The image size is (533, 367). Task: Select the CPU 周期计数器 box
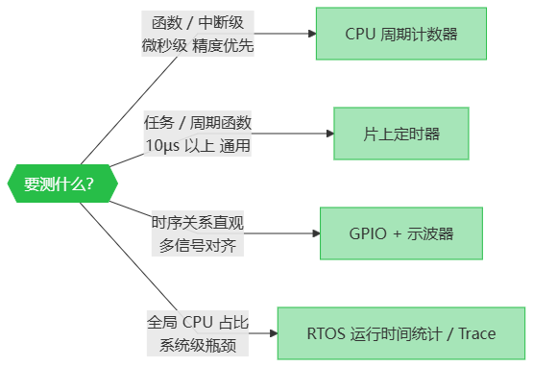click(401, 34)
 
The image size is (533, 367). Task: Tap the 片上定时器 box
click(401, 133)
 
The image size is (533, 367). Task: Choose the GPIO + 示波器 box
click(401, 233)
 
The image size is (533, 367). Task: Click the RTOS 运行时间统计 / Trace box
click(401, 334)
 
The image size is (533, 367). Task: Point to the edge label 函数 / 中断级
click(198, 22)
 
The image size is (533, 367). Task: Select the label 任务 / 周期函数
click(198, 123)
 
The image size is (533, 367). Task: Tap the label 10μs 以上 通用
click(198, 145)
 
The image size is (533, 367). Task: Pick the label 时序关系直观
click(198, 223)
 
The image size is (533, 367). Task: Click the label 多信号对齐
click(198, 245)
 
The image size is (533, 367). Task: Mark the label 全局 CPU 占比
click(198, 323)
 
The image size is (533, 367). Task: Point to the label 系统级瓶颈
click(198, 345)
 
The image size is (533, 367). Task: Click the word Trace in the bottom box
click(477, 334)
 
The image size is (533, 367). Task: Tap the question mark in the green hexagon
click(89, 184)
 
